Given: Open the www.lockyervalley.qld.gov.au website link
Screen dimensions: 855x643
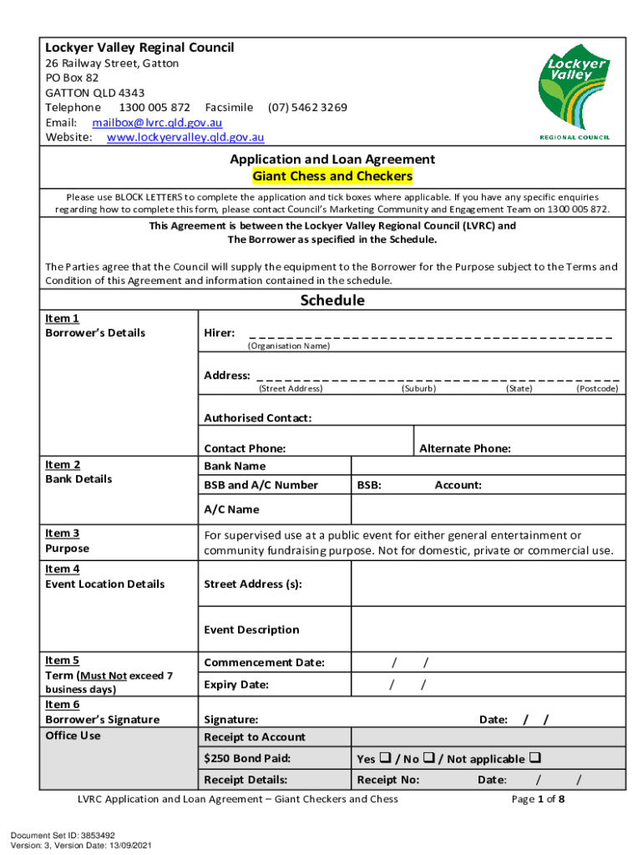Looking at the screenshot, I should (185, 137).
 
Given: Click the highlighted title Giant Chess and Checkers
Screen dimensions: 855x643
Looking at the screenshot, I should (332, 176).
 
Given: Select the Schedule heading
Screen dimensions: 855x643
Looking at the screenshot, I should (332, 301).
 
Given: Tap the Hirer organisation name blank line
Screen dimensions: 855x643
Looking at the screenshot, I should (430, 334).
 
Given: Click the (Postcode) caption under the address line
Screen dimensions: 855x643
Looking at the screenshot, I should (597, 388).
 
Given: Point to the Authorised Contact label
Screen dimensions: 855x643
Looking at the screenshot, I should (257, 417).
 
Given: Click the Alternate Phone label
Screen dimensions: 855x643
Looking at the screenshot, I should (464, 448).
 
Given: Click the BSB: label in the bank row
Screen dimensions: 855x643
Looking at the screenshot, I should (370, 485).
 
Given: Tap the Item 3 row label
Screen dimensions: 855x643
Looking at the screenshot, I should (63, 533).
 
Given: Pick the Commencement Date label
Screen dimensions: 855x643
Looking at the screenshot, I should (264, 663).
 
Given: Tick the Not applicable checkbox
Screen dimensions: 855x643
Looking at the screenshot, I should (534, 759).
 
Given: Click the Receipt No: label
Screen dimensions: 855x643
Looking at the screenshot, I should (387, 780).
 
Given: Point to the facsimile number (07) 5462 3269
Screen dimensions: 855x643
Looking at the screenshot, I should (307, 108).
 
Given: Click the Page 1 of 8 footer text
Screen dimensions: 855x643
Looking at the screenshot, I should (538, 799).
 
